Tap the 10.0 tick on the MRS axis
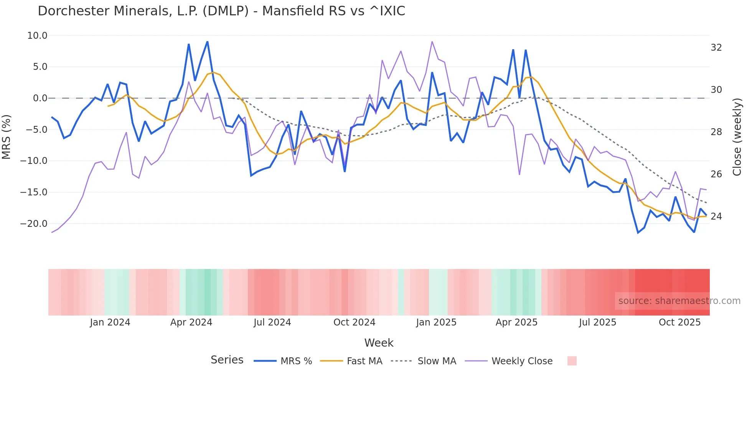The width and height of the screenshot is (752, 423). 37,36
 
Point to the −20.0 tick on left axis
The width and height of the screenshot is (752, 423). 34,223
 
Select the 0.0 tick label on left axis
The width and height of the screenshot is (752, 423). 40,98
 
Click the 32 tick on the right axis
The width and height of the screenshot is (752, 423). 716,48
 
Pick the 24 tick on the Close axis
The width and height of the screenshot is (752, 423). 716,216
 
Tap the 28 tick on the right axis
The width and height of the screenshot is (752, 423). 716,132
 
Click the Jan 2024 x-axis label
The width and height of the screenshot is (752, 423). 110,322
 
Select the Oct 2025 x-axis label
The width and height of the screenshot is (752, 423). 679,322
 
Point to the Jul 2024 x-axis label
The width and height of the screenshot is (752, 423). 272,322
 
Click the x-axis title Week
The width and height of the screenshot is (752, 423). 379,343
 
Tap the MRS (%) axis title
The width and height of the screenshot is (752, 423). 7,137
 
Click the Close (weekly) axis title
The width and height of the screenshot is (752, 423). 737,137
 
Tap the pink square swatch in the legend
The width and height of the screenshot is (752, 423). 572,361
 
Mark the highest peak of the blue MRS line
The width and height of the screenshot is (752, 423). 207,42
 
